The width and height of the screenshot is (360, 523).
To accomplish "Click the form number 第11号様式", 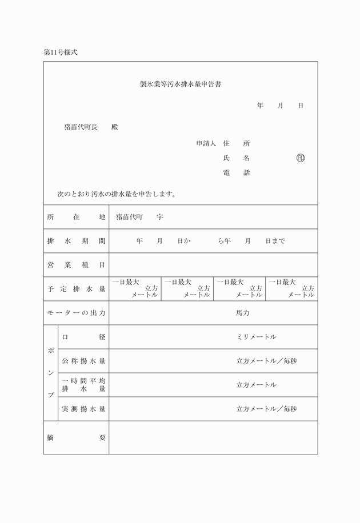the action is (60, 52).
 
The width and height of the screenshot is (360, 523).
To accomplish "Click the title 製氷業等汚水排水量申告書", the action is (181, 85).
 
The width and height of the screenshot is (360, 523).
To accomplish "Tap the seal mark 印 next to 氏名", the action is (301, 158).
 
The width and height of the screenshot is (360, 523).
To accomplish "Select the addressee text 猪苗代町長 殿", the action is (91, 127).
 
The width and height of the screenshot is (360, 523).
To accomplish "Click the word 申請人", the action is (205, 143).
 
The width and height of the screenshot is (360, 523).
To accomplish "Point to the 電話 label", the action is (236, 172).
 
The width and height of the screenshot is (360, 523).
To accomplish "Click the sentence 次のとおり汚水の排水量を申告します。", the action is (116, 194).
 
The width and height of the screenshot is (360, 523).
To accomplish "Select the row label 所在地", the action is (76, 217).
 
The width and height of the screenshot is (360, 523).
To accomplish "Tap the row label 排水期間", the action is (76, 241).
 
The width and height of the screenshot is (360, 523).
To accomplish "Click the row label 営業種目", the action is (76, 265).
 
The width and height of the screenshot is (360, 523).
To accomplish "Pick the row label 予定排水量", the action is (76, 289).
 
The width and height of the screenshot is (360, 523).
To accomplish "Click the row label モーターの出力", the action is (76, 313).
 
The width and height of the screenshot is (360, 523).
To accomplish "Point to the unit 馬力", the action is (243, 313).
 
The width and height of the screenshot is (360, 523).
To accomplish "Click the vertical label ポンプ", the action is (51, 372).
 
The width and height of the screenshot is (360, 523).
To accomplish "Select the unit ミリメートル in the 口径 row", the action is (257, 337).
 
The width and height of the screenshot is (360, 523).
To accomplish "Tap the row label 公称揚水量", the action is (83, 361).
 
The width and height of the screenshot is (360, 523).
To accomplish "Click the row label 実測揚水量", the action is (83, 409).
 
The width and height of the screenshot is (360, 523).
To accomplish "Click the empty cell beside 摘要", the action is (213, 437).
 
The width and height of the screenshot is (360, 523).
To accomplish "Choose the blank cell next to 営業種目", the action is (213, 265).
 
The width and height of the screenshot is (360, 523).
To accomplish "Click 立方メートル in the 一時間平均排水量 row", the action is (257, 385).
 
